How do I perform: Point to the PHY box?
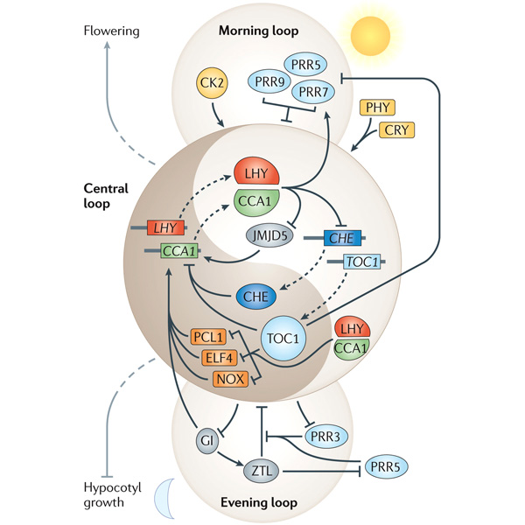378,108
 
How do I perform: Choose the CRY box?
399,131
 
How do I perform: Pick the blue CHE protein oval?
260,297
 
